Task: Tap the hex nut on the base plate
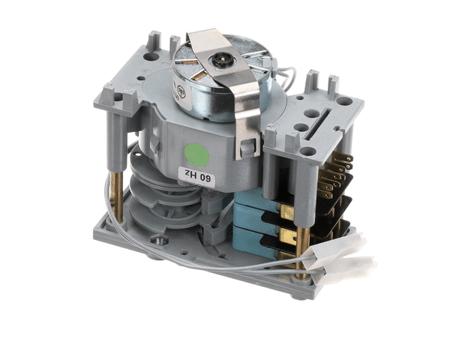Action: point(159,241)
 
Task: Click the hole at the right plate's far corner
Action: point(343,100)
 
